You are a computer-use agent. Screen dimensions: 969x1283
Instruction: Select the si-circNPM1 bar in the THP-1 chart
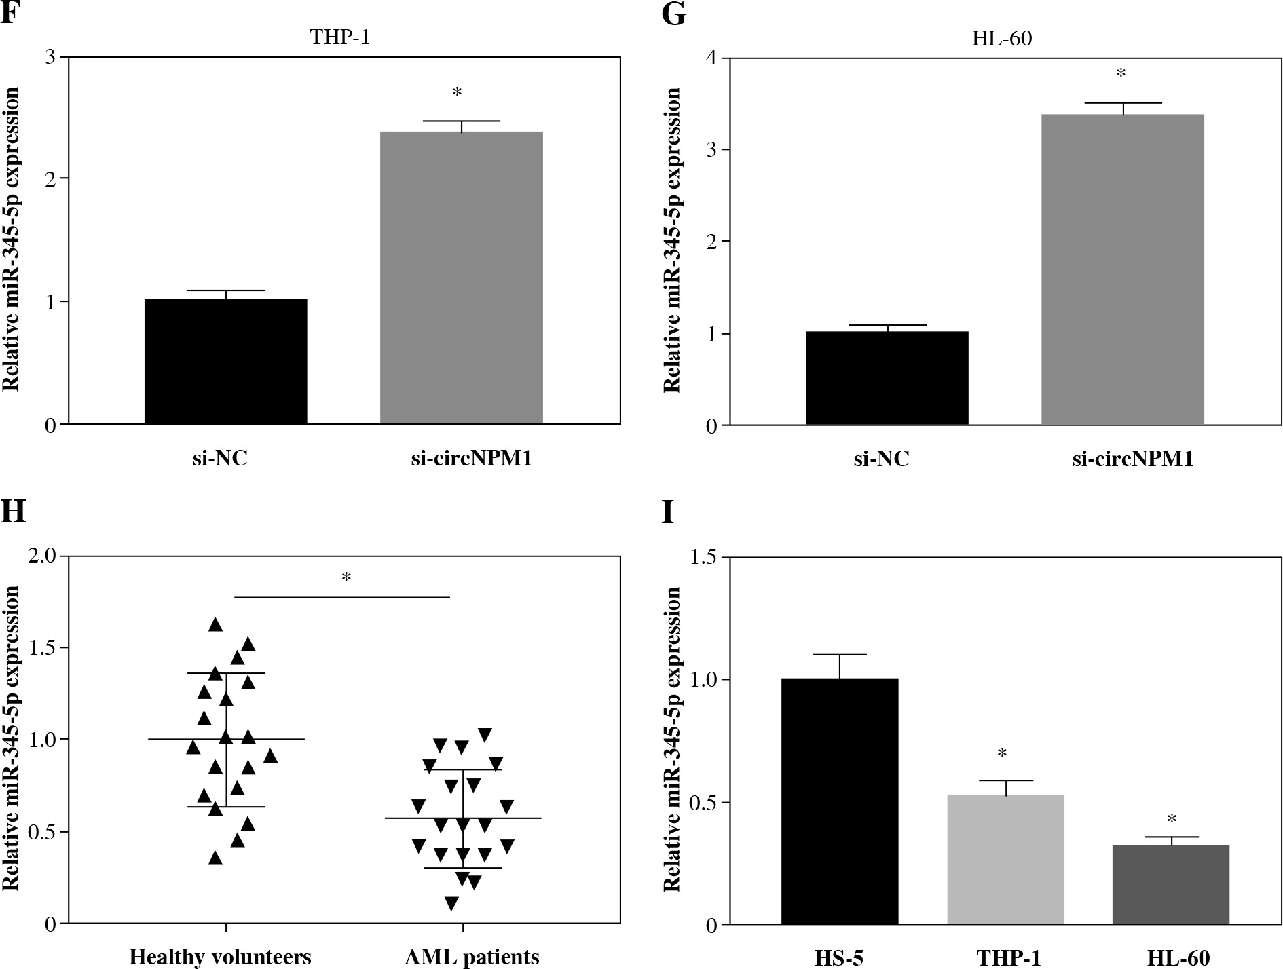click(x=461, y=278)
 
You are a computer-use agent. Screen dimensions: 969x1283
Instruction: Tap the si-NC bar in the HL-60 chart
click(x=887, y=378)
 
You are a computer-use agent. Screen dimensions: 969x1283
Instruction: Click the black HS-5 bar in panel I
click(x=840, y=801)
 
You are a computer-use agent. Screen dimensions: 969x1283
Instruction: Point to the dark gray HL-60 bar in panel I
click(x=1170, y=884)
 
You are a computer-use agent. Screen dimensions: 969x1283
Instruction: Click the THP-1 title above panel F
click(x=339, y=37)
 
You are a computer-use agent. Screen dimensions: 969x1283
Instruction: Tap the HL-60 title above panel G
click(x=1001, y=38)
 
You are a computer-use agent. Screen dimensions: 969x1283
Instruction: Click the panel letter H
click(x=14, y=512)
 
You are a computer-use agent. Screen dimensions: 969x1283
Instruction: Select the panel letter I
click(x=669, y=512)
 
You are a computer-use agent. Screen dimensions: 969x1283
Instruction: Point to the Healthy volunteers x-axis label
click(x=220, y=957)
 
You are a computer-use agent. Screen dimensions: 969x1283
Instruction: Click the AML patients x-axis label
click(x=472, y=957)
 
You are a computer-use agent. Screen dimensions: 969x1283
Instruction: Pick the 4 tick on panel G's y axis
click(x=711, y=58)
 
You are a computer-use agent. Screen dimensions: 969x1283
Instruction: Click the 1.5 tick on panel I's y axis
click(x=705, y=557)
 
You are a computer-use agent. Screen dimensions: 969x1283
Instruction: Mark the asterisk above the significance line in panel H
click(x=346, y=578)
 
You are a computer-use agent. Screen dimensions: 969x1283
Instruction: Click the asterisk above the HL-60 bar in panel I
click(x=1172, y=818)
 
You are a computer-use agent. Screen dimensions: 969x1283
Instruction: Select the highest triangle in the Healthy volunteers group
click(x=216, y=624)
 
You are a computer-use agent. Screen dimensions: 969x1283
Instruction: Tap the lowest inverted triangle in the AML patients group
click(x=451, y=903)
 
